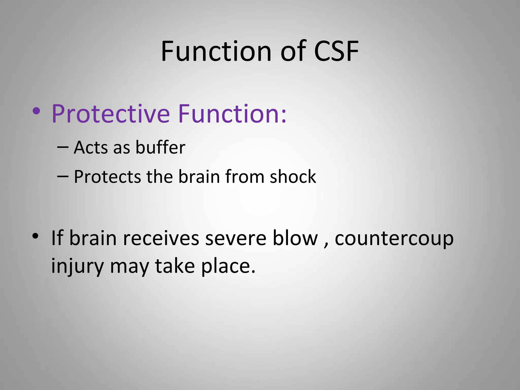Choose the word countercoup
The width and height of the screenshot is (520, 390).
[x=394, y=239]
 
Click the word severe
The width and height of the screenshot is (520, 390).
[x=236, y=239]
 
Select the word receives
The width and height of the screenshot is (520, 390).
[x=161, y=239]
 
